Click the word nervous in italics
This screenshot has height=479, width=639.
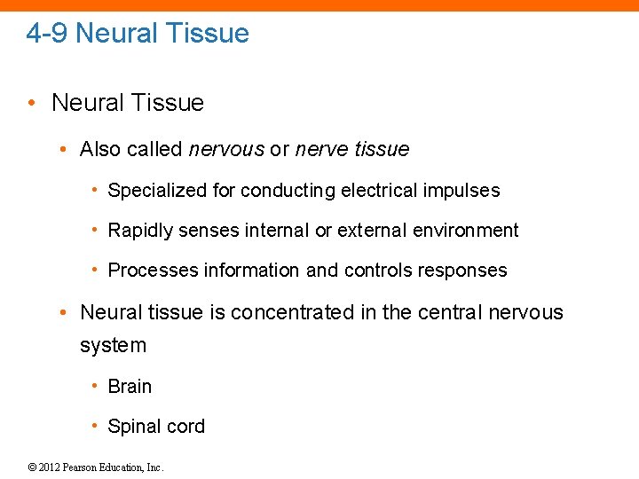pyautogui.click(x=226, y=149)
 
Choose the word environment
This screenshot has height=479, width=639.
pyautogui.click(x=468, y=231)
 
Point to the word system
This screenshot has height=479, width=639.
pyautogui.click(x=113, y=345)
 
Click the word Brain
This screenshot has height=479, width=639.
pyautogui.click(x=130, y=387)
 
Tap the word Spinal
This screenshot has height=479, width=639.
pyautogui.click(x=133, y=427)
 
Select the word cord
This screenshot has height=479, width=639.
pyautogui.click(x=185, y=427)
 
